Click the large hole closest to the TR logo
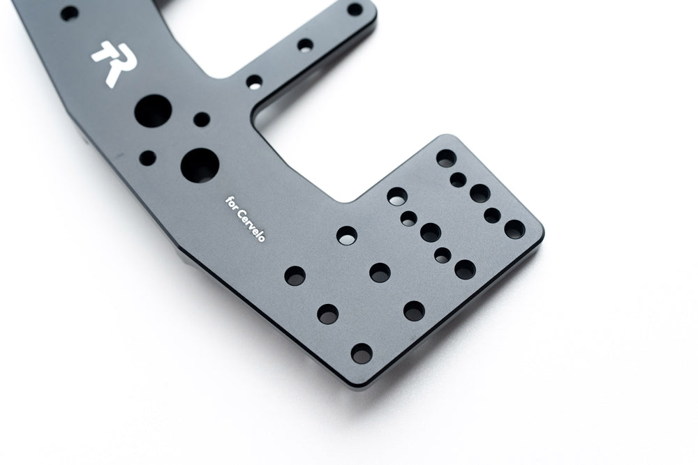(152, 112)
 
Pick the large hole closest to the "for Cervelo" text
(200, 165)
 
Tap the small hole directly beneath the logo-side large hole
(147, 158)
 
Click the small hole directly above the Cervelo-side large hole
(202, 119)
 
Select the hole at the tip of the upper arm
(355, 9)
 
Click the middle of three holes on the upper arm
(305, 45)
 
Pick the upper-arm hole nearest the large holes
(254, 82)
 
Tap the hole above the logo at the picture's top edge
(69, 13)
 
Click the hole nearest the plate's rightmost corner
(514, 229)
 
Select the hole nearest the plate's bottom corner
(362, 353)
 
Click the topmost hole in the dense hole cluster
(446, 158)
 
